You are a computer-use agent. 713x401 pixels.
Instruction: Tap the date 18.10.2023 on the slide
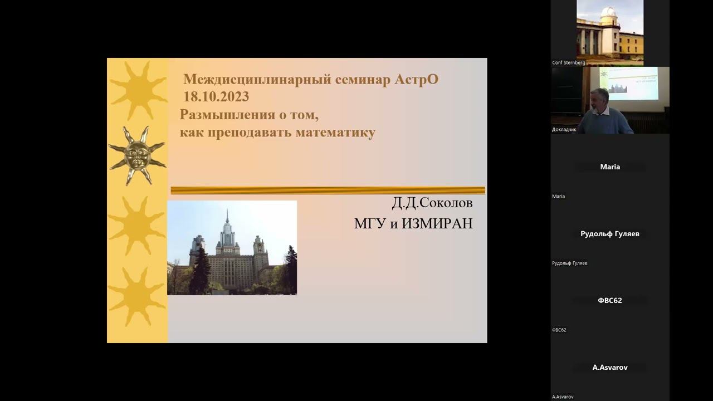click(x=216, y=97)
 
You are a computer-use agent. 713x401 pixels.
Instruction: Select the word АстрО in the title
click(x=417, y=80)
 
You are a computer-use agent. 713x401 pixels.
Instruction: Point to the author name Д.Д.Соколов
click(x=432, y=203)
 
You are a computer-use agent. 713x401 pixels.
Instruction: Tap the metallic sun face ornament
click(x=136, y=155)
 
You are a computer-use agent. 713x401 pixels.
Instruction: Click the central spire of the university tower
click(x=227, y=220)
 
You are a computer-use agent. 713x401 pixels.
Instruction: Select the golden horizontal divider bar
click(x=328, y=190)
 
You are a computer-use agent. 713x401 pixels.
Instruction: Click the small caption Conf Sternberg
click(x=568, y=62)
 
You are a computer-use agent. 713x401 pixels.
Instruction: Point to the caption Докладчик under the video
click(x=564, y=129)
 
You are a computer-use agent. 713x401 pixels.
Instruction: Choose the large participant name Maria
click(x=610, y=167)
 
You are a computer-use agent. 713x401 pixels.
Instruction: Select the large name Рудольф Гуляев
click(x=610, y=234)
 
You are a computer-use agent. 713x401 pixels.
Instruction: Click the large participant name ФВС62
click(x=610, y=300)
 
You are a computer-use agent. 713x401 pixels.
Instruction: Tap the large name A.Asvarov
click(x=610, y=368)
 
